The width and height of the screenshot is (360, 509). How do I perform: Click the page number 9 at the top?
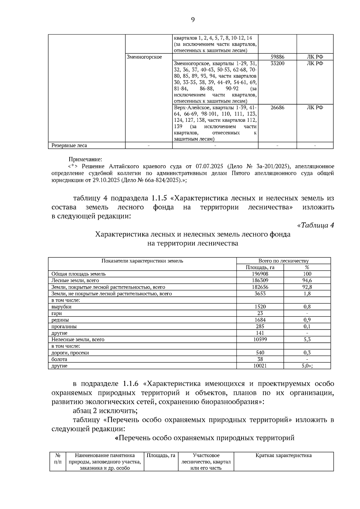(x=193, y=20)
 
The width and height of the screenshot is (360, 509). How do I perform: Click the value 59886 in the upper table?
(x=277, y=57)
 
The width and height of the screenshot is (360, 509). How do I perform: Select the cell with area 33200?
(x=277, y=64)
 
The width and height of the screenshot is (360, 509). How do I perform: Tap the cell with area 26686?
(x=277, y=108)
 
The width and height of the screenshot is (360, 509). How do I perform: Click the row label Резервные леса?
(x=69, y=146)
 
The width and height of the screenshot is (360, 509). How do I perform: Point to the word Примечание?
(x=85, y=159)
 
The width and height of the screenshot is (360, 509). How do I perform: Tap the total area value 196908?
(x=260, y=274)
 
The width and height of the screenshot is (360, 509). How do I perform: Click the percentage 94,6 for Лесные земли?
(x=307, y=280)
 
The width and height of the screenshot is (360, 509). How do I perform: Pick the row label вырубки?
(x=61, y=307)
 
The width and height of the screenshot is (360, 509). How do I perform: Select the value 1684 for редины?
(x=260, y=320)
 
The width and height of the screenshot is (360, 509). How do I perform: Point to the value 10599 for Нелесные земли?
(x=260, y=340)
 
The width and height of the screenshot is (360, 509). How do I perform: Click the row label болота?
(x=59, y=359)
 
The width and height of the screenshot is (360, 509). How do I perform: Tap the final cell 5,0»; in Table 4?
(x=307, y=366)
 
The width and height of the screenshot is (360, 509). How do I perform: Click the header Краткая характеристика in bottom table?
(x=283, y=456)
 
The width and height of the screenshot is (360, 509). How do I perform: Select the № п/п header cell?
(x=58, y=459)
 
